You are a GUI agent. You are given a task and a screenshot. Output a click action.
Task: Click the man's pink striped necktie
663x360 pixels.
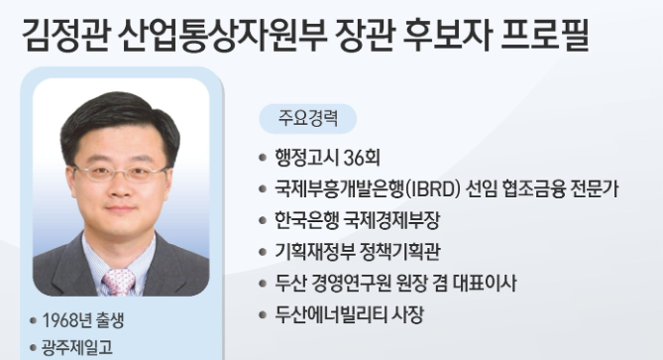[119, 282]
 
